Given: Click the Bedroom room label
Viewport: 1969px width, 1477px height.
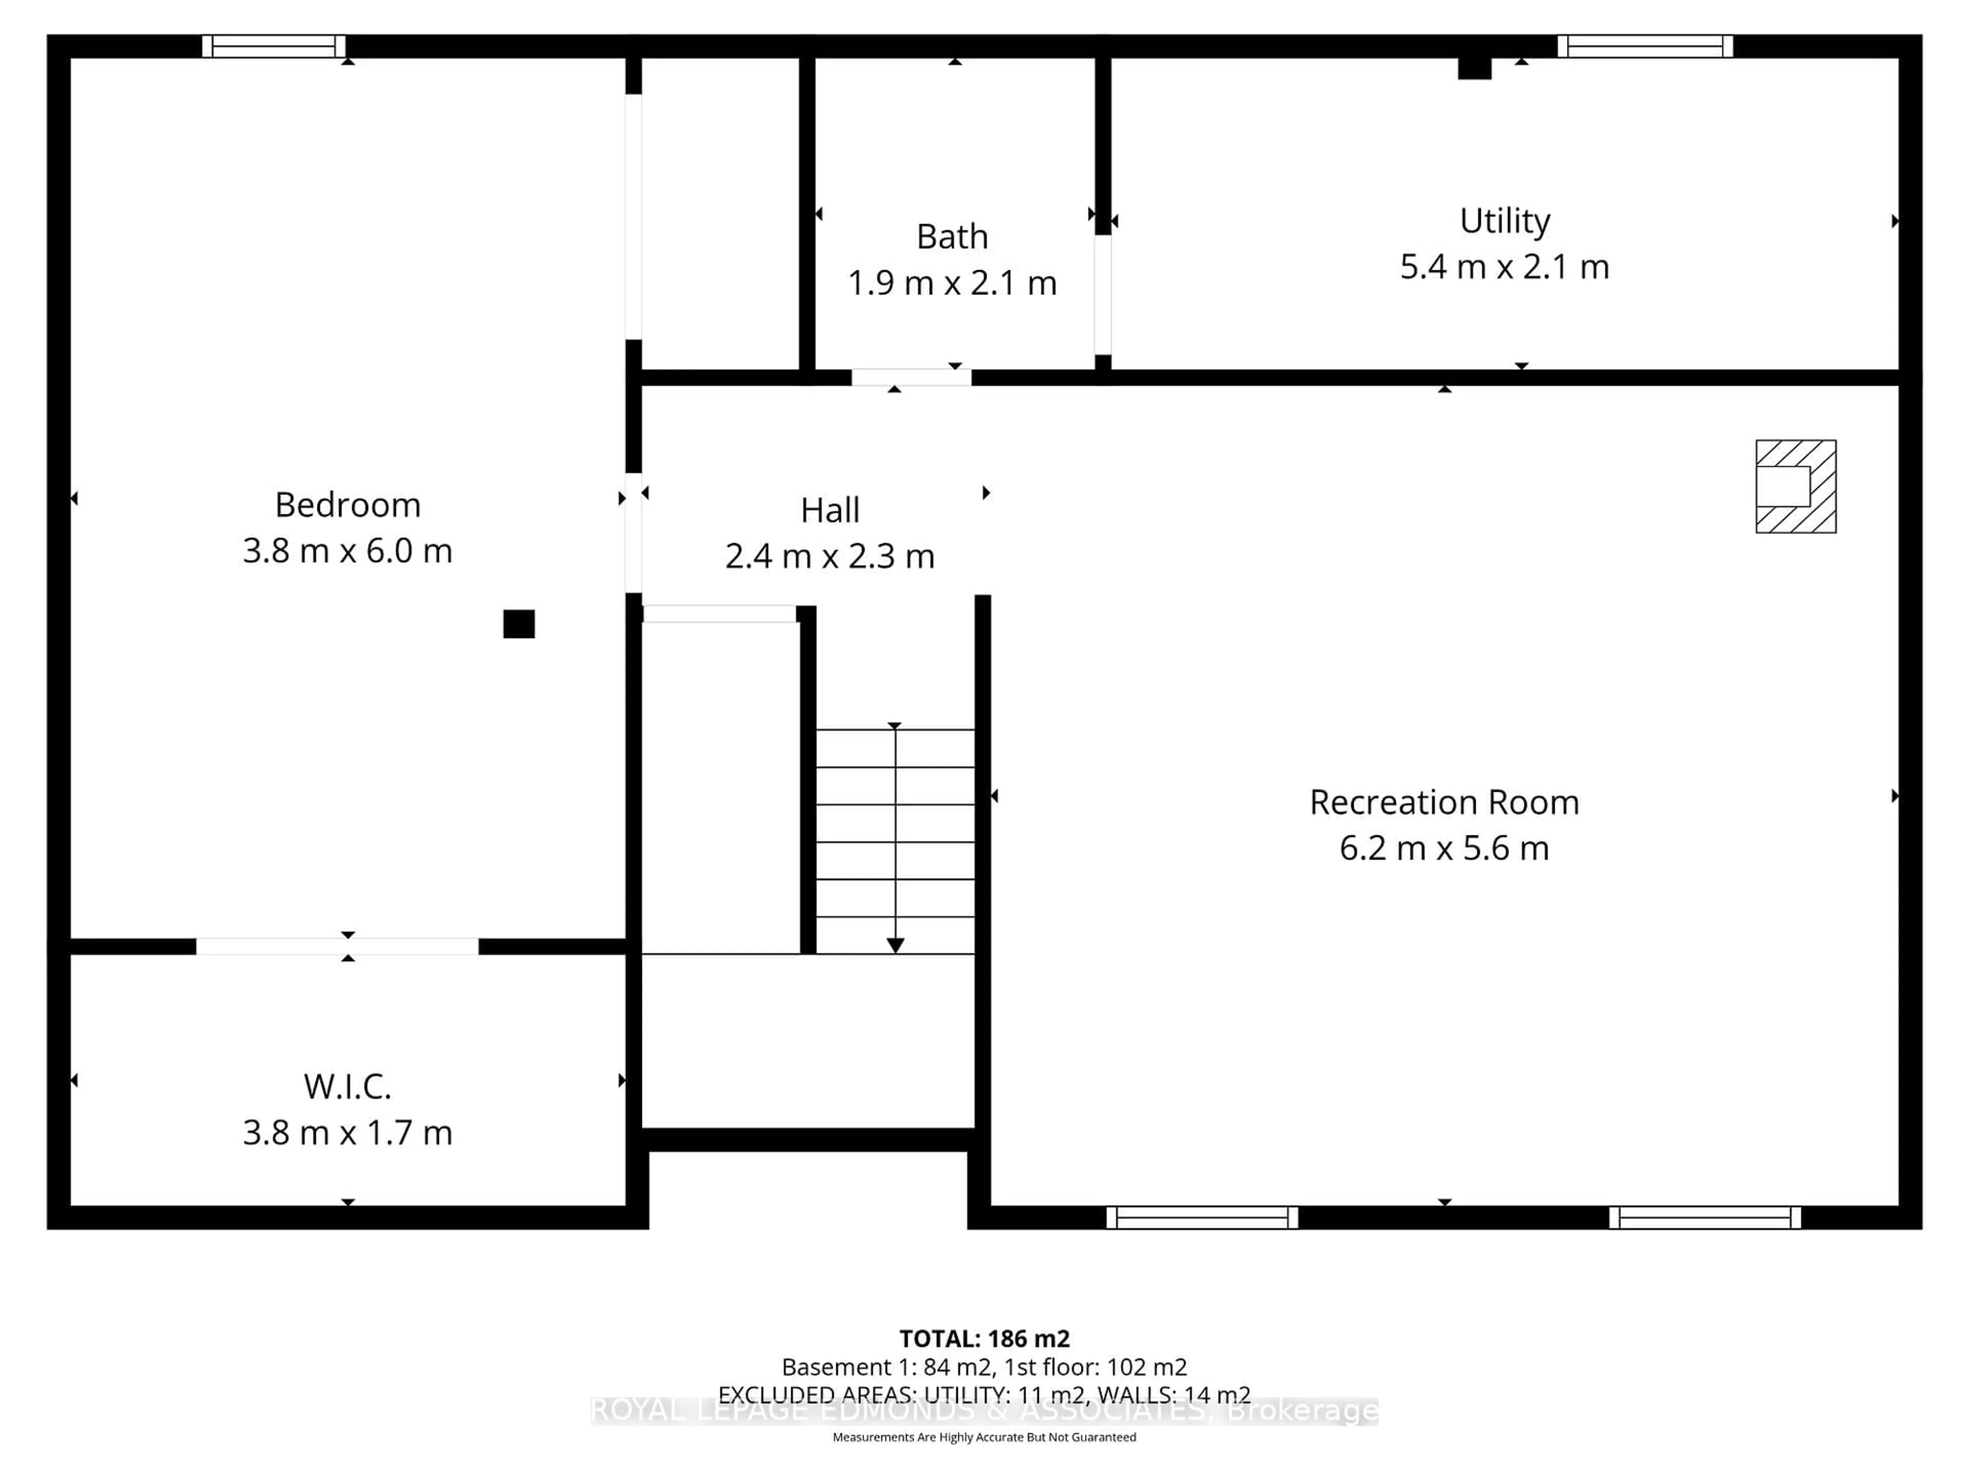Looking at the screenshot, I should pos(347,505).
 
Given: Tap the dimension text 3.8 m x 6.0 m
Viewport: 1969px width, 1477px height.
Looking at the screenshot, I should pos(347,551).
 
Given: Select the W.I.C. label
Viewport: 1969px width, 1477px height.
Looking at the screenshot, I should pos(347,1086).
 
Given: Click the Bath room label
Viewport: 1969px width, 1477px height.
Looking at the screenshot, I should pos(952,237).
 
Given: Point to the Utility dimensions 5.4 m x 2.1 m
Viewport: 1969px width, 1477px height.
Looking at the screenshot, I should pos(1504,267).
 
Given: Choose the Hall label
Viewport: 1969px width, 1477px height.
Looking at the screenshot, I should pos(830,510).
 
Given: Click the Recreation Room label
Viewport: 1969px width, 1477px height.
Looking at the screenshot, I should pos(1444,802).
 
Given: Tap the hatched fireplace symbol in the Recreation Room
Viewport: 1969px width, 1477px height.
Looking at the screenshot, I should pos(1795,486).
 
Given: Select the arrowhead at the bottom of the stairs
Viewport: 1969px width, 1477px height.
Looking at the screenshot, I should pos(895,946).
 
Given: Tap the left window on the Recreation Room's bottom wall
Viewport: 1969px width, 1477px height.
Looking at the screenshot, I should pos(1202,1217).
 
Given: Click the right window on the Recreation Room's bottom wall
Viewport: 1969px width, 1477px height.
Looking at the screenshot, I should pos(1704,1217).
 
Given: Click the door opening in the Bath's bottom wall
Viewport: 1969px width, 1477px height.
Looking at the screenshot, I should pos(911,377).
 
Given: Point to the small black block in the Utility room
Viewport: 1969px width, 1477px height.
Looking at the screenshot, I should pos(1474,68).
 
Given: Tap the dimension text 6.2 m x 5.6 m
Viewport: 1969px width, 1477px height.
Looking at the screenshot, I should pos(1444,848).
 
